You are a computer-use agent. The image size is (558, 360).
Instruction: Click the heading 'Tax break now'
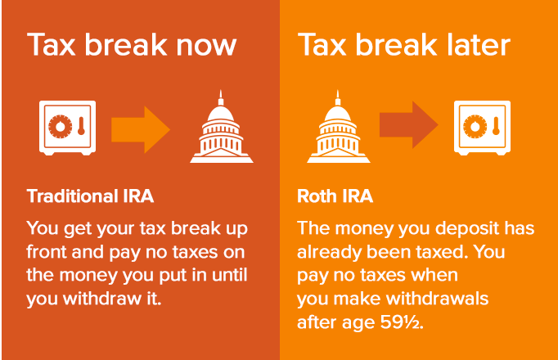[x=131, y=45]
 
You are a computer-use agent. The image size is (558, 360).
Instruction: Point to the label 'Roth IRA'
[x=335, y=197]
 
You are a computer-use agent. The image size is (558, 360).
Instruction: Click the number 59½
[x=406, y=322]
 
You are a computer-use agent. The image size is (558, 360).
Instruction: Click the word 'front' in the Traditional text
[x=48, y=250]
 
